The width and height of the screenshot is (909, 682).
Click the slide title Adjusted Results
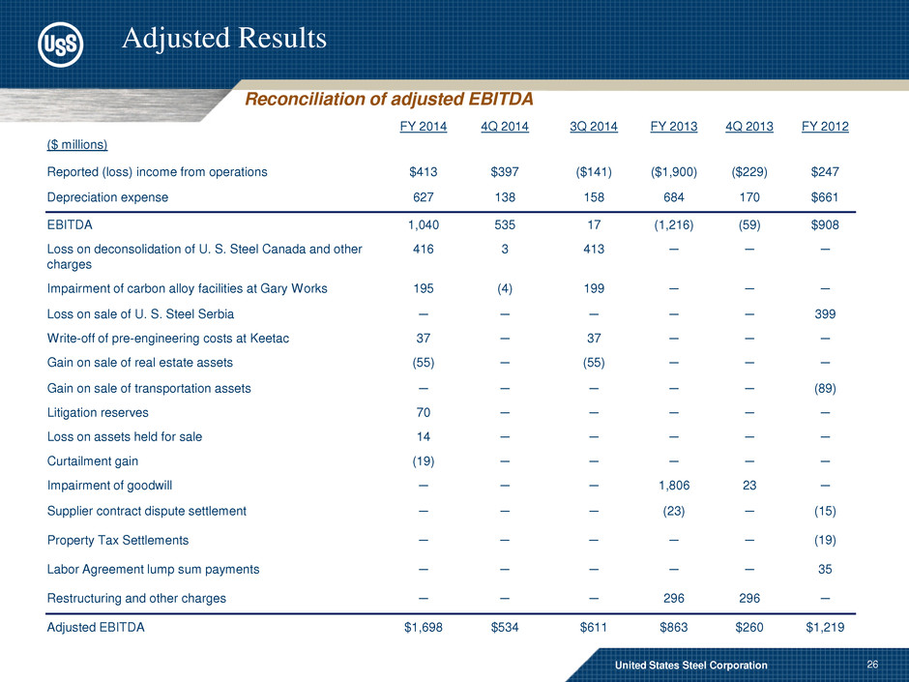coord(224,38)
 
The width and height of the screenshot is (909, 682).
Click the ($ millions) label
coord(76,145)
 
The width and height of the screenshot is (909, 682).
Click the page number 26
coord(874,665)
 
